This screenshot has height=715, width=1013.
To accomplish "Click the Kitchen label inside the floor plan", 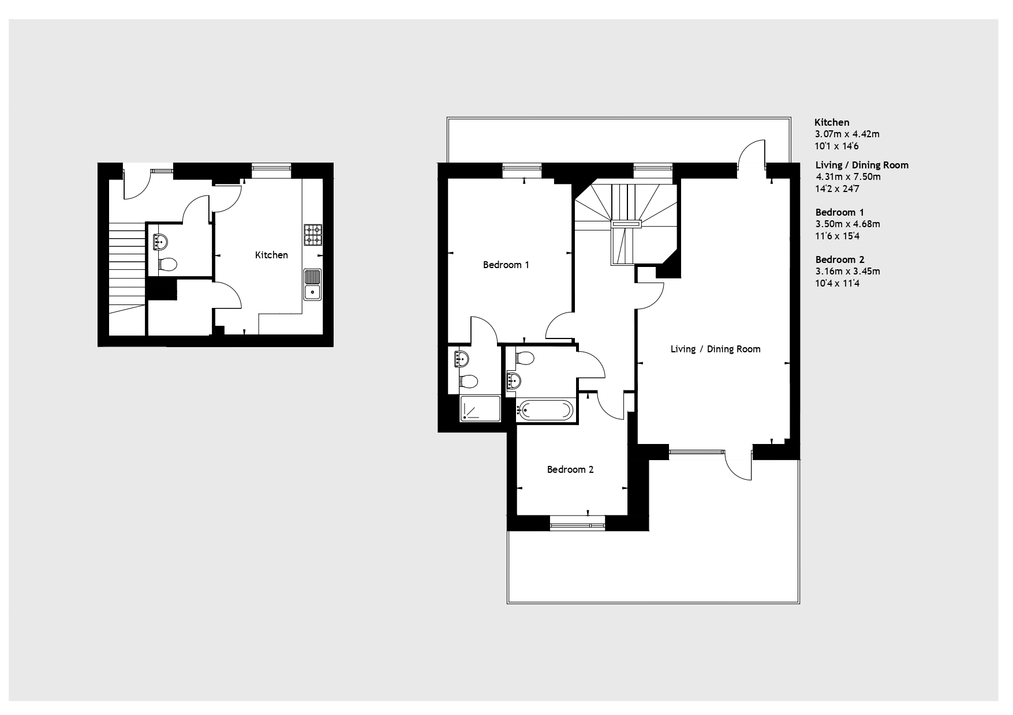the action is pos(271,255).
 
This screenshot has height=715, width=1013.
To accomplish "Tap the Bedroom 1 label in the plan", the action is pos(506,265).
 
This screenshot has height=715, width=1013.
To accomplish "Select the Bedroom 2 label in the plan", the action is pos(570,469).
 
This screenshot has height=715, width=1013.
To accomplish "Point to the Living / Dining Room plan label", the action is pos(715,349).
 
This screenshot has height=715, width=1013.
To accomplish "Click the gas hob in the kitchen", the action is pos(313,234).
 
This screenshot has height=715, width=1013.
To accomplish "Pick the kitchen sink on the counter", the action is pos(313,285).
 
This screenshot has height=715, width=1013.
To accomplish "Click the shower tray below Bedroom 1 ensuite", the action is pos(480,408).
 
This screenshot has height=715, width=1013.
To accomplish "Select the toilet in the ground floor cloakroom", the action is pos(167,265).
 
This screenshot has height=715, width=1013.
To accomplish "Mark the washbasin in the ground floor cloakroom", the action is pos(160,241).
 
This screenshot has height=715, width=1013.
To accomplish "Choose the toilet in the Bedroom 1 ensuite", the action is pos(468,381).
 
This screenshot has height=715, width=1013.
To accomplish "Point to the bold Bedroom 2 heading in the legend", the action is pos(840,259).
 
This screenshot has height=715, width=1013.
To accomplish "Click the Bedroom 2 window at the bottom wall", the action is pos(577,525).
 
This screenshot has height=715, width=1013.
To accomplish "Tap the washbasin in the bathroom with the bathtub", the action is pos(514,380).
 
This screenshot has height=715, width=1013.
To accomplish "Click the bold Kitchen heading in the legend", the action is pos(832,122).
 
